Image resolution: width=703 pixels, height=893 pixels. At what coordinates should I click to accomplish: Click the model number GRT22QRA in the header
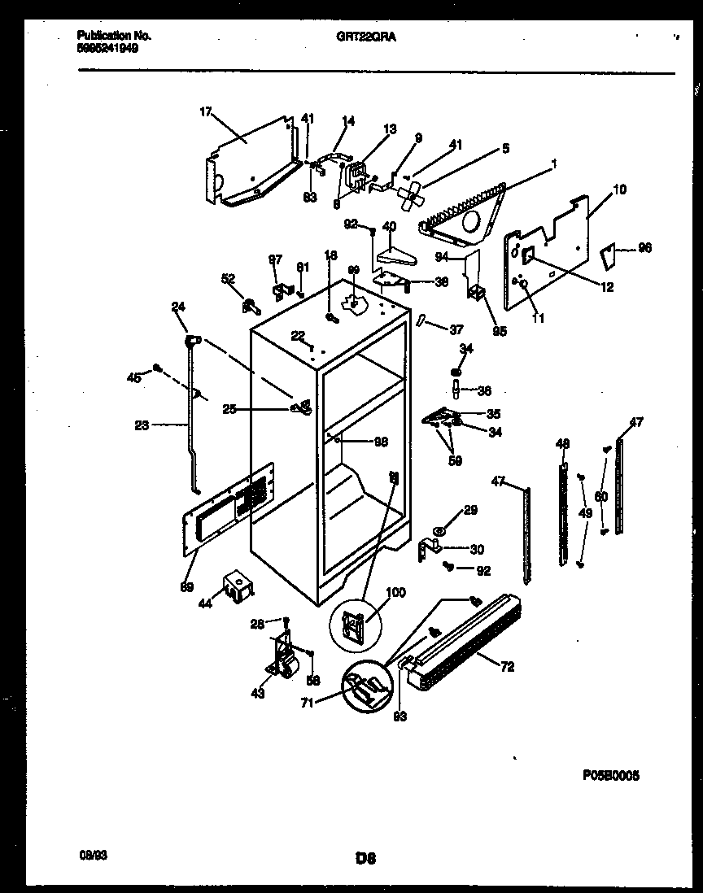[359, 37]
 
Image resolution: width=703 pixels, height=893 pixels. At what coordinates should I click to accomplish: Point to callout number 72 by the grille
[506, 667]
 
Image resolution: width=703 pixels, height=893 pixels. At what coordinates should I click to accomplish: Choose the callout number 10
[619, 189]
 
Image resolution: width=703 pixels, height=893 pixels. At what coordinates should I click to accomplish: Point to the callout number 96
[645, 248]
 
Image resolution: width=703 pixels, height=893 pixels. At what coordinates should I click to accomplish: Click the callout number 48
[562, 443]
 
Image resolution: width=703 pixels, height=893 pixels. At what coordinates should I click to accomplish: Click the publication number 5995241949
[107, 48]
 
